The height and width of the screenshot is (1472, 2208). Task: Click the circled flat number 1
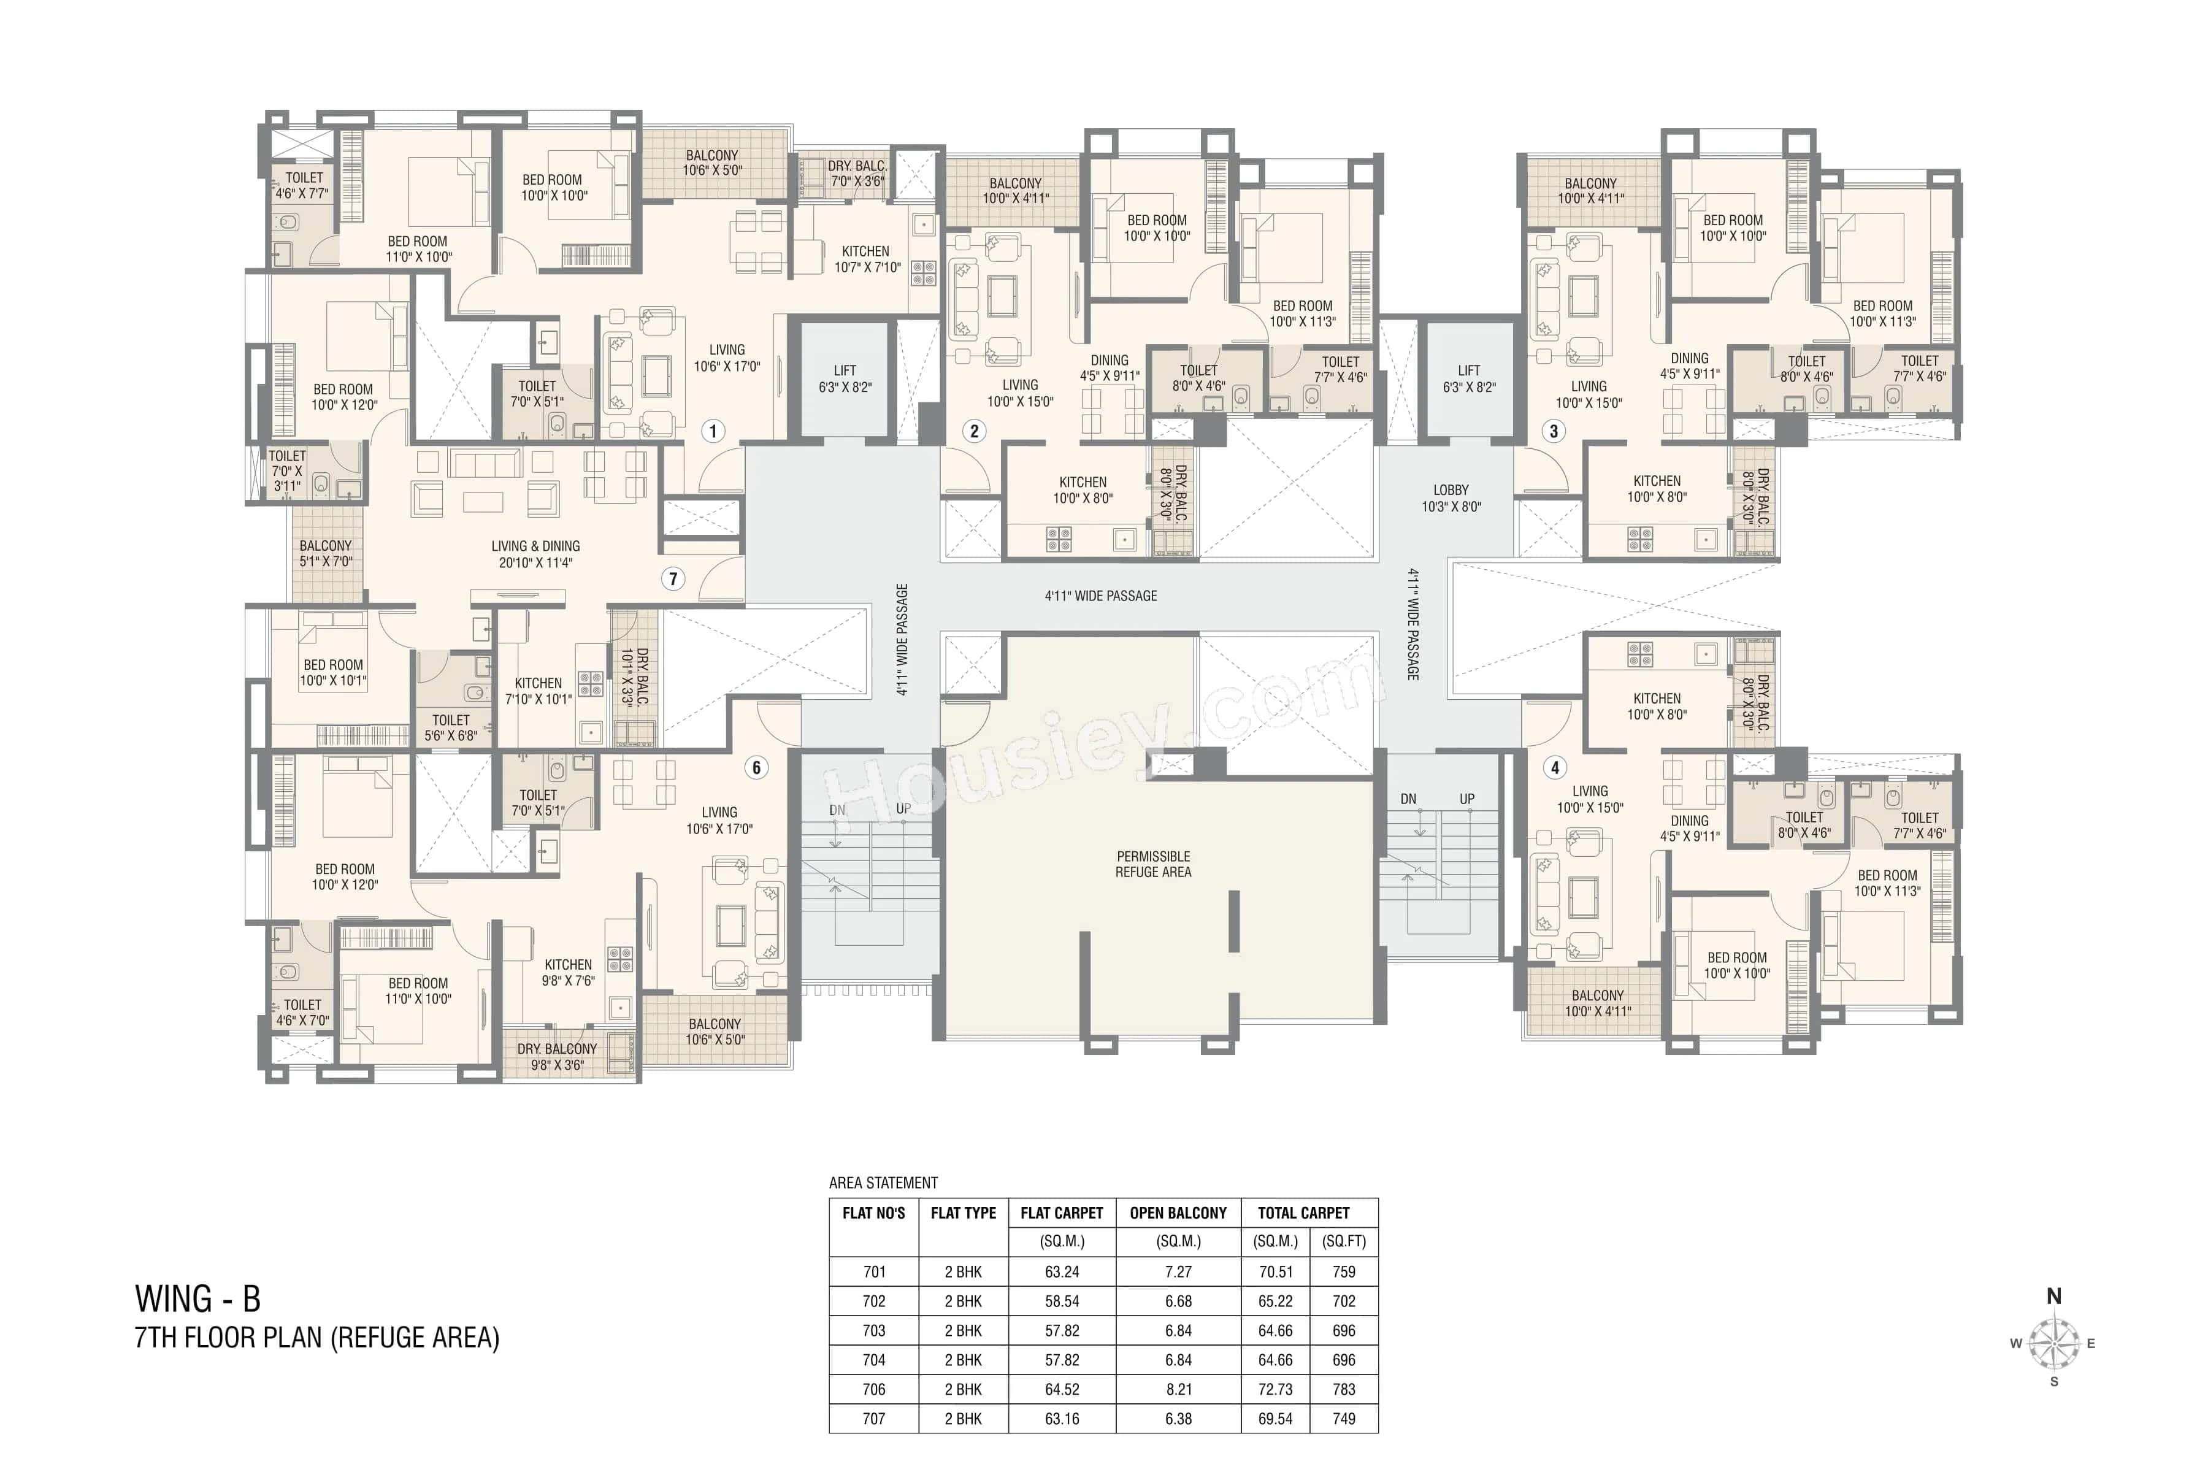(x=713, y=431)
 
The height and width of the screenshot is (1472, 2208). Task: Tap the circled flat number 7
(x=672, y=578)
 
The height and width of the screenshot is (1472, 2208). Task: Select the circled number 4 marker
(x=1555, y=768)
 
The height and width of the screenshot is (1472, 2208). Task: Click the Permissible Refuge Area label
(x=1153, y=864)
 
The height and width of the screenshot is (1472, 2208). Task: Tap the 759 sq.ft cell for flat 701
(x=1343, y=1272)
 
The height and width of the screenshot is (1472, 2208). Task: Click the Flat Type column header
(x=963, y=1213)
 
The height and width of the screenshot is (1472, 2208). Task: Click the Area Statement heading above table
(x=883, y=1183)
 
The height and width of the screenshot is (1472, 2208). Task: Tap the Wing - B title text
(x=198, y=1299)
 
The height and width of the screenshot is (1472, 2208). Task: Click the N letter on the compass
(x=2054, y=1297)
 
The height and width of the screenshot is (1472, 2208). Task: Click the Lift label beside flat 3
(x=1469, y=378)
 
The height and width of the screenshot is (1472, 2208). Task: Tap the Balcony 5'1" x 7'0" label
(x=326, y=553)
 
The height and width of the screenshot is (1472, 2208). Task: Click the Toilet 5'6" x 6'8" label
(x=451, y=727)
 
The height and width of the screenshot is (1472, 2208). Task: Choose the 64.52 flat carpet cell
(x=1062, y=1389)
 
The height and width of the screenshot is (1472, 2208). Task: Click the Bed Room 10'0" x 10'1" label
(x=333, y=672)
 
